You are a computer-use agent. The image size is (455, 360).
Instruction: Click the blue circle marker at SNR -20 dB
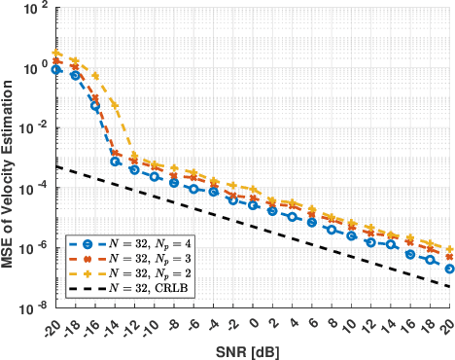(56, 70)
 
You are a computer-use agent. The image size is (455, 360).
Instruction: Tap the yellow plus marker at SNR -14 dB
(116, 104)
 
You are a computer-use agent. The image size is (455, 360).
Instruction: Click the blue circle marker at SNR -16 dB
(95, 105)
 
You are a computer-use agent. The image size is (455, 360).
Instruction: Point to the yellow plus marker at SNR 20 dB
(449, 249)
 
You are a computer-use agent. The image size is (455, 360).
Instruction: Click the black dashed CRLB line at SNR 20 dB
(448, 286)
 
